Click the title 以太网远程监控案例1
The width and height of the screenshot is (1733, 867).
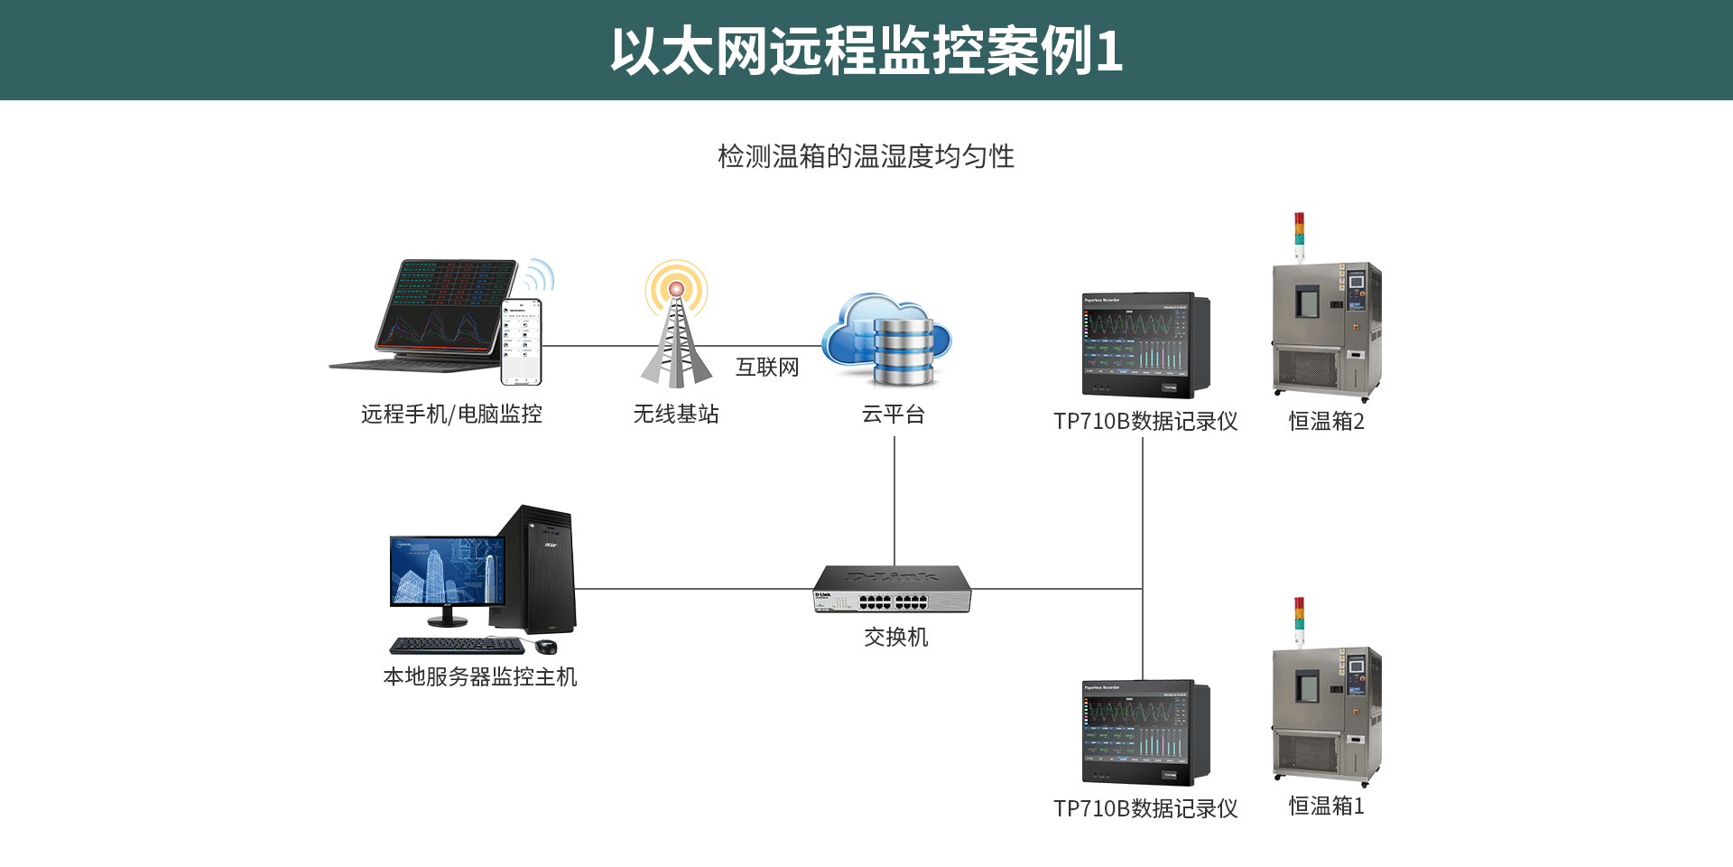pos(866,51)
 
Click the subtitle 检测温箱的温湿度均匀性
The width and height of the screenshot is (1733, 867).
pos(866,156)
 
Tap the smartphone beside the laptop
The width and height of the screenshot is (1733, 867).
pos(522,341)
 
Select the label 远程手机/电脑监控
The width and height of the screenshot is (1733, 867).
pos(451,414)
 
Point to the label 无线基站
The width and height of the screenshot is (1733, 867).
pos(676,414)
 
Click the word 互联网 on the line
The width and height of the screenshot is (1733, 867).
pos(767,367)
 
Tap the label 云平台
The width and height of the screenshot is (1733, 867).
pos(894,414)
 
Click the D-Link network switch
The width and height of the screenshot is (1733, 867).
pos(893,590)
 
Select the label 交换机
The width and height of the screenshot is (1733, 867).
pos(895,637)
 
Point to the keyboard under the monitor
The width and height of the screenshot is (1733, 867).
pos(457,646)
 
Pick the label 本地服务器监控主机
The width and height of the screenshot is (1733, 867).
pos(480,676)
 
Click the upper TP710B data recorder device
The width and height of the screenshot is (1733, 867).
pos(1145,345)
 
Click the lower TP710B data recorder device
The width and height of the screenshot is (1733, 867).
pos(1145,732)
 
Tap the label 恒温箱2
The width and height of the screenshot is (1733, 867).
pos(1326,421)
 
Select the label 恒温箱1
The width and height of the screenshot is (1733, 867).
pos(1326,806)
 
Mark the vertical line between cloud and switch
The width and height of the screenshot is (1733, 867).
pos(894,501)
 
